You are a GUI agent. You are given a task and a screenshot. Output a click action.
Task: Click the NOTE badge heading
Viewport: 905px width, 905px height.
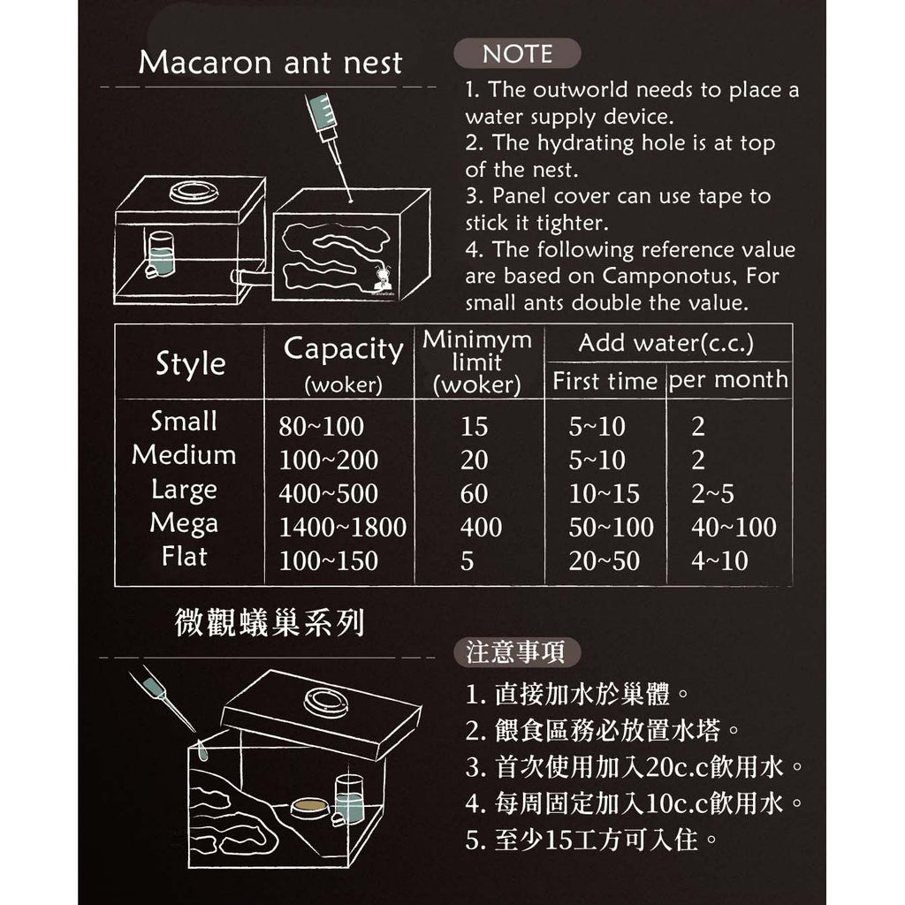(x=517, y=54)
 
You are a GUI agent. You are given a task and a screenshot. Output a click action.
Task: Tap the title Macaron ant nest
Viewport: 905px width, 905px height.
(x=270, y=63)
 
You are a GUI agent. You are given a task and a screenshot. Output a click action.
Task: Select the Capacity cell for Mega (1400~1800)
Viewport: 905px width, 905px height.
(x=342, y=527)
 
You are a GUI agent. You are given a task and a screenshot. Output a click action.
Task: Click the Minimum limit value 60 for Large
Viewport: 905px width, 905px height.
(x=474, y=493)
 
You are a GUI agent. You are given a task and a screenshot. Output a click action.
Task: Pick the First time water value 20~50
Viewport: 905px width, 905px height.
(x=604, y=560)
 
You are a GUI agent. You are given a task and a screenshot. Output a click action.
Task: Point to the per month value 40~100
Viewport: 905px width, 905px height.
(x=734, y=527)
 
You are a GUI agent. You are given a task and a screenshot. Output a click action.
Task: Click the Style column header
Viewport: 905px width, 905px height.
(x=191, y=364)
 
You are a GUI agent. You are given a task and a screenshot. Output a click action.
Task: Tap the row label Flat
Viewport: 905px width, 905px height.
(x=184, y=557)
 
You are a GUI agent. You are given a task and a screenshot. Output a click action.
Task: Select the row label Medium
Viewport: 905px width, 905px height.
(x=184, y=455)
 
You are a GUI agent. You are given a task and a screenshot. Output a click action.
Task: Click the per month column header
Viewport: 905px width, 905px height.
(x=728, y=380)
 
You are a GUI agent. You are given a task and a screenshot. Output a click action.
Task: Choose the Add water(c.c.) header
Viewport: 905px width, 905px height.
(x=666, y=343)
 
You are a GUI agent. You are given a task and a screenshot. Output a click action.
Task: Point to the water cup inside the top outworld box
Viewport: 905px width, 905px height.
(x=160, y=254)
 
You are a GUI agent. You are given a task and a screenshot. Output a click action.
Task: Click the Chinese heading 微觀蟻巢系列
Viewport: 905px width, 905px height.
(x=270, y=622)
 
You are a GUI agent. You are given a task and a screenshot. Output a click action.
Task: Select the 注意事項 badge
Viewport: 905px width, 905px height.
(x=516, y=652)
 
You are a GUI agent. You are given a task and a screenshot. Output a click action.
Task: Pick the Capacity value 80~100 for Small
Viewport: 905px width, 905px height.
(x=321, y=427)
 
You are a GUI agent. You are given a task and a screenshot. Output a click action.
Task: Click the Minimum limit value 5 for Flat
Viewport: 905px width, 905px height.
(x=467, y=561)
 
